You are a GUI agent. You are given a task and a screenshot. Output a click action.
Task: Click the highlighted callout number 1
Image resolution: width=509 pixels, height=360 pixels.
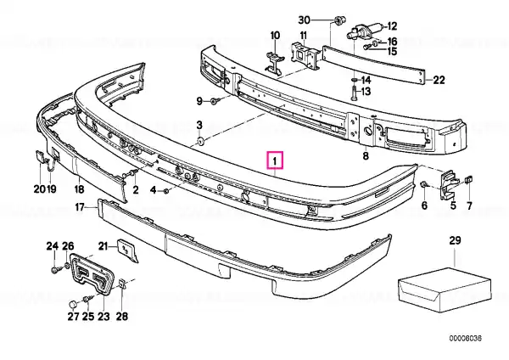[x=275, y=160]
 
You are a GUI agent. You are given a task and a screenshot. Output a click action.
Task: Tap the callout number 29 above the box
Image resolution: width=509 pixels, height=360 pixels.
[x=455, y=241]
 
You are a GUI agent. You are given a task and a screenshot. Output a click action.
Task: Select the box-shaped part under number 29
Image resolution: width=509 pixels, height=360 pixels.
[x=445, y=290]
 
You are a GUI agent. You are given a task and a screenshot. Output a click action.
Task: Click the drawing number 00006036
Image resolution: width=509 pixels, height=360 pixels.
[x=466, y=338]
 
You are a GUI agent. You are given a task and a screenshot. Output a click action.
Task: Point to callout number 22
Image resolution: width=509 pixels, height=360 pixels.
[x=439, y=80]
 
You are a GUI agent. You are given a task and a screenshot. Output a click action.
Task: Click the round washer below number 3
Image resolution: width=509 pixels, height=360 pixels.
[x=200, y=141]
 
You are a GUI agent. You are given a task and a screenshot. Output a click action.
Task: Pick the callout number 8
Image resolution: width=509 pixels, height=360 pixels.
[x=366, y=156]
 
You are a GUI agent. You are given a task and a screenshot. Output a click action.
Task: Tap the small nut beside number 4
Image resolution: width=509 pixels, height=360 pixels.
[x=166, y=191]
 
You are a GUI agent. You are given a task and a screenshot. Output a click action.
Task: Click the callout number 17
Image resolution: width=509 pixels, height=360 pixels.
[x=80, y=206]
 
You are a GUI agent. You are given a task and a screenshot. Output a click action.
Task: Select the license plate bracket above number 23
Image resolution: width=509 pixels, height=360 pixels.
[x=92, y=274]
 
